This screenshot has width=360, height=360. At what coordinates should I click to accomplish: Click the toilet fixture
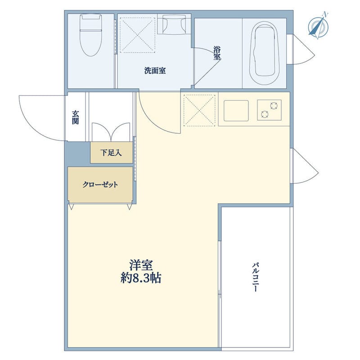(90, 35)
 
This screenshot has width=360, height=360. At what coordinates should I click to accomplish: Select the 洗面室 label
(155, 71)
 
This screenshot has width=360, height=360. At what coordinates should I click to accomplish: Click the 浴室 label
(217, 53)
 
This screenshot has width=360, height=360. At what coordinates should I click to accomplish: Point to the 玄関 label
(75, 117)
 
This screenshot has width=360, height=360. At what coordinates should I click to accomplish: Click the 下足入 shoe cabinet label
(111, 153)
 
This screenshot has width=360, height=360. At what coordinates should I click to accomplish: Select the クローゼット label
(100, 184)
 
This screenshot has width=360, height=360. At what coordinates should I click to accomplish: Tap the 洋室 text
(141, 265)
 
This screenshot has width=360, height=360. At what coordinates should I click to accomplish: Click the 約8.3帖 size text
(141, 278)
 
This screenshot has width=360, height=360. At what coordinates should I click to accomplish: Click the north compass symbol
(318, 26)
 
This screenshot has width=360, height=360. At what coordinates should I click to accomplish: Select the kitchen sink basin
(236, 111)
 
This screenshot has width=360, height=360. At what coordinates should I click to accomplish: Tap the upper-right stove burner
(274, 106)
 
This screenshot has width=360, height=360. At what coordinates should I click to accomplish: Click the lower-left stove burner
(265, 114)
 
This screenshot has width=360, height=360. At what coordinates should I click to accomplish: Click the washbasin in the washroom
(174, 24)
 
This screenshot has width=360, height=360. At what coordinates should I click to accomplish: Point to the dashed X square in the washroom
(138, 34)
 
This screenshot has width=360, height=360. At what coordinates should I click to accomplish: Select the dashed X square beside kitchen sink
(200, 110)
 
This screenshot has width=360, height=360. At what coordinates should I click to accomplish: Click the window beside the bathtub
(290, 49)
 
